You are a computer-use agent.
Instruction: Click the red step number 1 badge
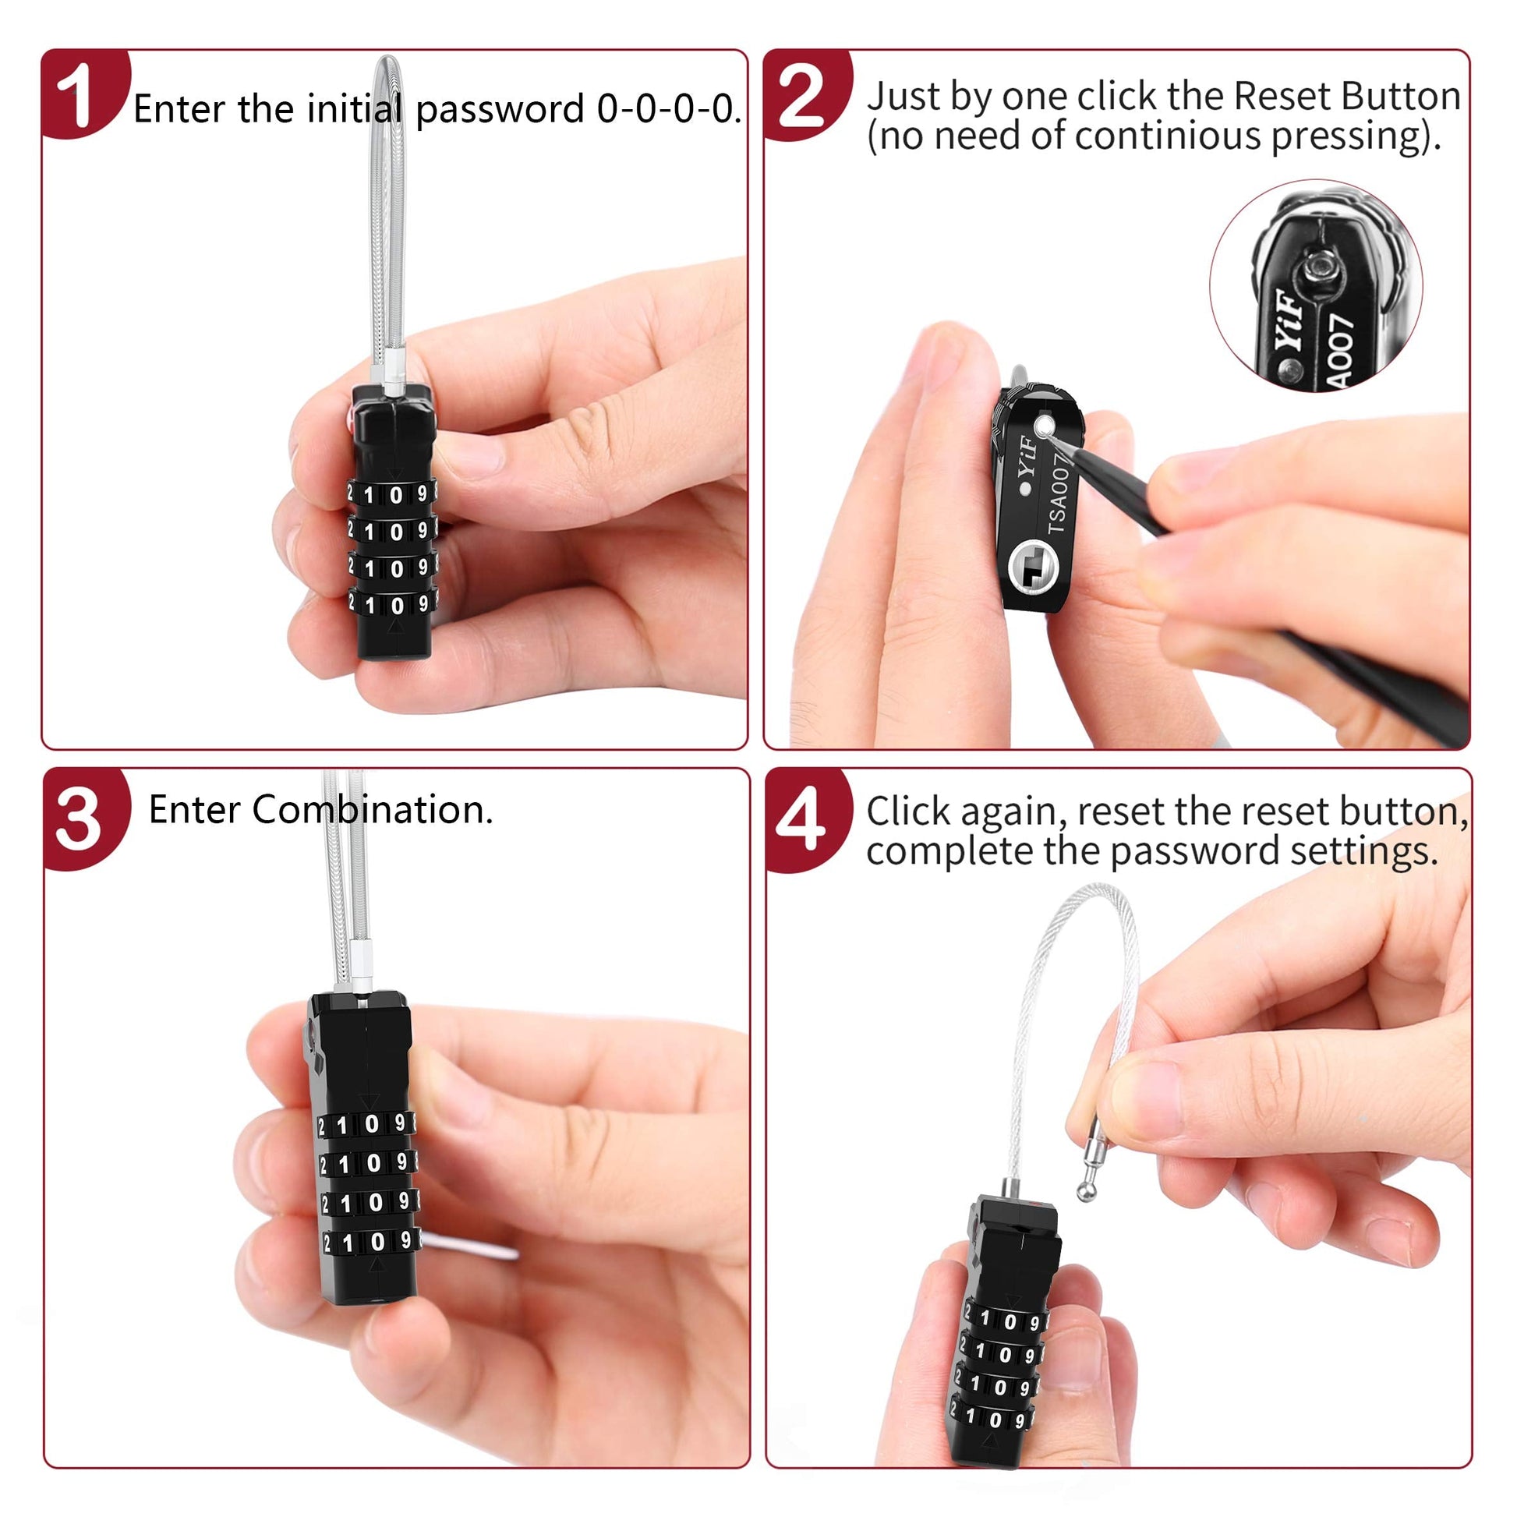(83, 93)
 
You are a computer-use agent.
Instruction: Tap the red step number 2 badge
(804, 94)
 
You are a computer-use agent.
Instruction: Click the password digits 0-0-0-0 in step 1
(667, 108)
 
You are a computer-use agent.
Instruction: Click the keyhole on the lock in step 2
(1033, 566)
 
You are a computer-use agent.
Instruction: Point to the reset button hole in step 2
(1044, 427)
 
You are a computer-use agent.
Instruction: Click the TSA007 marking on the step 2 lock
(1058, 494)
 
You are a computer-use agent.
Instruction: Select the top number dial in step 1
(393, 494)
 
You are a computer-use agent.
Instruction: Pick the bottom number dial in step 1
(393, 604)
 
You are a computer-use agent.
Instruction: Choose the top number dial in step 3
(366, 1124)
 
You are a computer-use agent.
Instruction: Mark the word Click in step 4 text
(908, 810)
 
